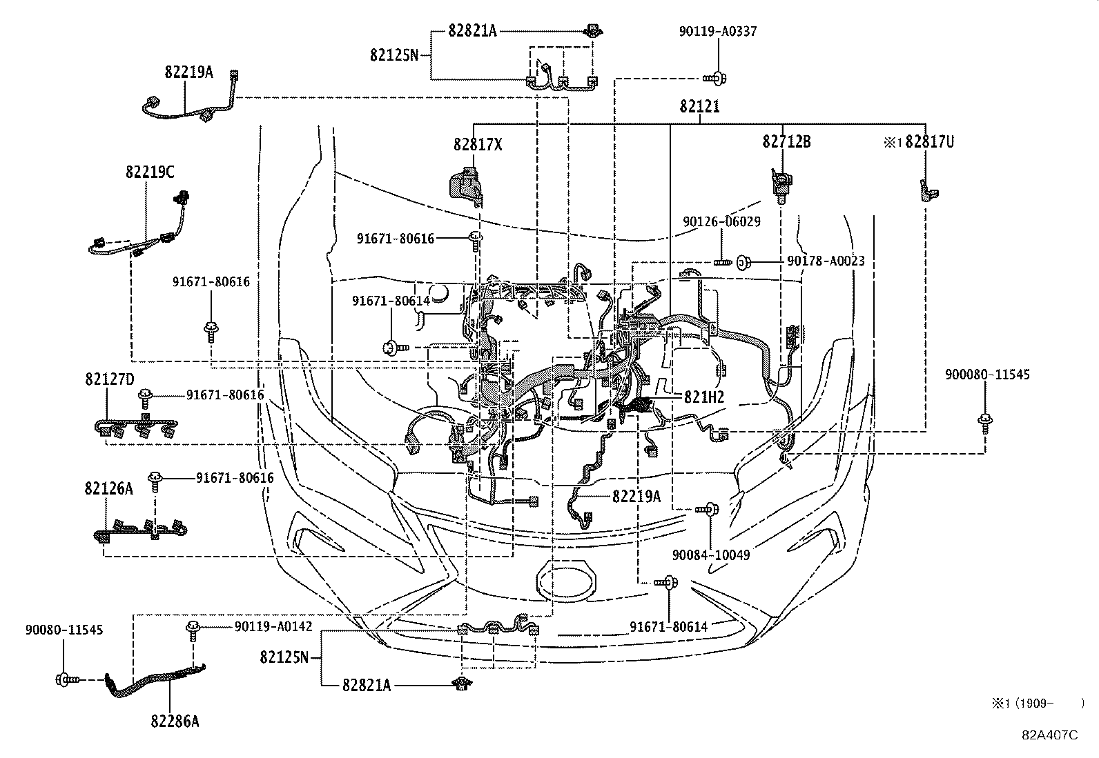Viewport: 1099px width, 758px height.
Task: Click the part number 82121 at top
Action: point(700,106)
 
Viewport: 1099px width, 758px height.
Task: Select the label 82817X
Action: point(478,144)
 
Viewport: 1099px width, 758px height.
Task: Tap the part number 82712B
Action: point(786,141)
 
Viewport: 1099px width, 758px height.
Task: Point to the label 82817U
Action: point(929,141)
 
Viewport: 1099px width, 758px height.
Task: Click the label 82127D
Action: point(109,379)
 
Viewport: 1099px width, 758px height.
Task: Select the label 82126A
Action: point(108,489)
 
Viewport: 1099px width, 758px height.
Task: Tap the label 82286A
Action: point(175,721)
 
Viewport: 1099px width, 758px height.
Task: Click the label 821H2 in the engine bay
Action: point(703,397)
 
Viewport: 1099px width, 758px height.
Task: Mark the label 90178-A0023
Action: point(826,261)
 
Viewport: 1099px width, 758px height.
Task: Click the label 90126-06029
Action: point(721,221)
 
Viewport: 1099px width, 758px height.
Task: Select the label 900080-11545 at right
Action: point(986,375)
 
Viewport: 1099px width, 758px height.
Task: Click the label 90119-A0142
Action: point(273,626)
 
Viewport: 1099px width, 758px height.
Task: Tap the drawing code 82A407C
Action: point(1050,735)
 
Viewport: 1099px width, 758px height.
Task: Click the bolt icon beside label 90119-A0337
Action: point(716,78)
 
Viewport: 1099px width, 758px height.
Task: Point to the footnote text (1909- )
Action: point(1038,703)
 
